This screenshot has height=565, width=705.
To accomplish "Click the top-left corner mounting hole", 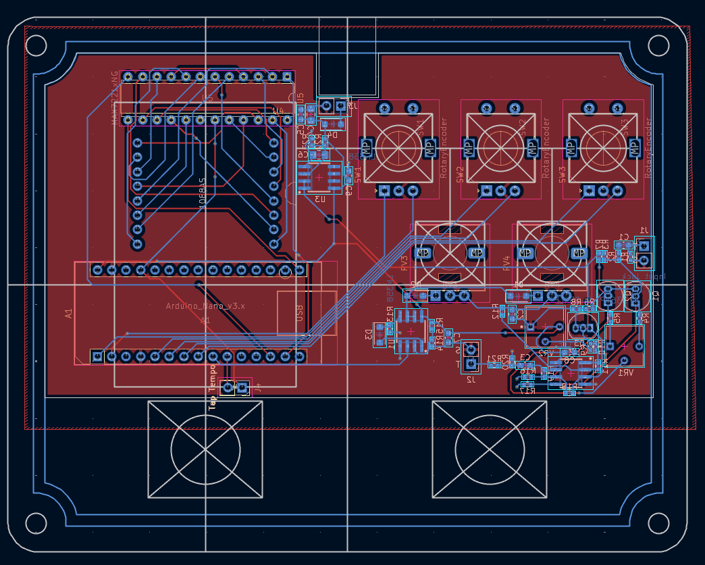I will pyautogui.click(x=36, y=46).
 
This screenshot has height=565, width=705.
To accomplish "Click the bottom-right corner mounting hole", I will pyautogui.click(x=658, y=523).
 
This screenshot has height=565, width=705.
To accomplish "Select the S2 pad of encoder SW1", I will pyautogui.click(x=384, y=108).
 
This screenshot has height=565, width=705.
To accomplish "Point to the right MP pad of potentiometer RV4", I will pyautogui.click(x=579, y=253).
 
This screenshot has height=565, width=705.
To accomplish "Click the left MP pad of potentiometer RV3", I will pyautogui.click(x=423, y=253).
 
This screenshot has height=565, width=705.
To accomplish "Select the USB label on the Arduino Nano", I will pyautogui.click(x=299, y=313).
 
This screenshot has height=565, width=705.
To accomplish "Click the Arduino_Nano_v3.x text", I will pyautogui.click(x=205, y=306).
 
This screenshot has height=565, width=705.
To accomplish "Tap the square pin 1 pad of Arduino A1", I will pyautogui.click(x=97, y=356).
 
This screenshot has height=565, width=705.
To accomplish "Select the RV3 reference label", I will pyautogui.click(x=404, y=263).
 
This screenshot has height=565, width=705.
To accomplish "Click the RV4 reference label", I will pyautogui.click(x=506, y=263).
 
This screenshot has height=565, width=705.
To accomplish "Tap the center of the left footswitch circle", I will pyautogui.click(x=205, y=449).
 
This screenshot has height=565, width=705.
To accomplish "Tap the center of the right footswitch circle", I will pyautogui.click(x=490, y=449).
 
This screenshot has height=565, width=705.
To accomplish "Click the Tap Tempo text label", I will pyautogui.click(x=212, y=388).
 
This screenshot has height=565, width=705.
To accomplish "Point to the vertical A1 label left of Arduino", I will pyautogui.click(x=69, y=313).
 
